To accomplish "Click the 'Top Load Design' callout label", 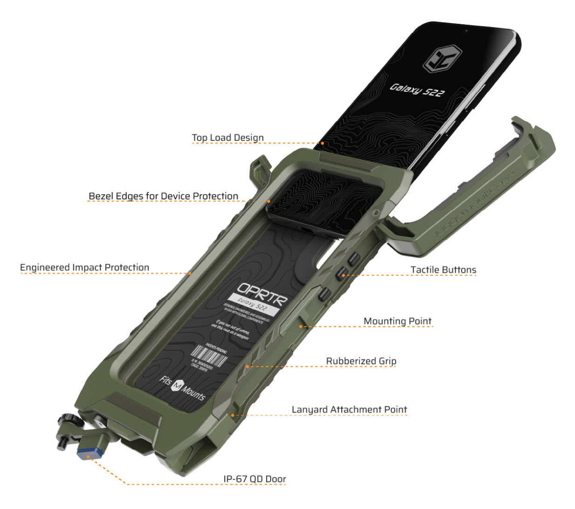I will pos(228,138).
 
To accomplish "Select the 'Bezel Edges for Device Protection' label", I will pos(163,196).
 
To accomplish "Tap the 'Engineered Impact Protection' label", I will pos(84,268).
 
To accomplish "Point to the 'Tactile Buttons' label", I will pos(443,270).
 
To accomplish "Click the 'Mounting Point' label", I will pos(397,321).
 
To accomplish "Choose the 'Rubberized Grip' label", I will pos(361,361).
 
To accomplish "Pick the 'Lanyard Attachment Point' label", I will pos(349,410).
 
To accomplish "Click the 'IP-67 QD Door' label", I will pos(255,479).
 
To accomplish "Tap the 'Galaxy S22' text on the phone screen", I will pos(417,89).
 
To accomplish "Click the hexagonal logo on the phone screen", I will pos(442,59).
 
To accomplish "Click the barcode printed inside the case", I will pos(210,356).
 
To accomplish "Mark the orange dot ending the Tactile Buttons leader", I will pos(343,275).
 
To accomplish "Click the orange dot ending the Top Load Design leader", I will pos(322,143).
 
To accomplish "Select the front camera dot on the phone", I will pos(466,31).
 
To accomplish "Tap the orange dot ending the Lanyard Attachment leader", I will pos(233,415).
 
